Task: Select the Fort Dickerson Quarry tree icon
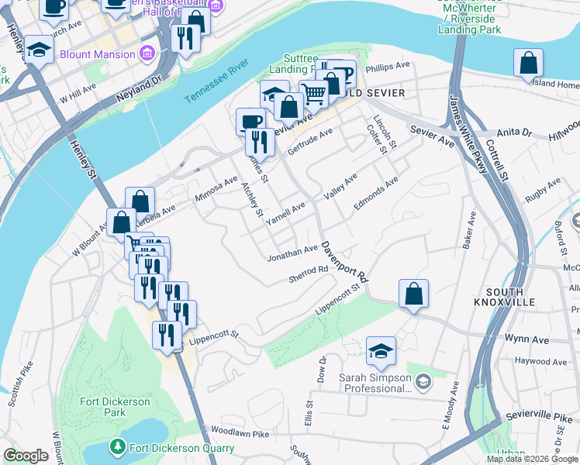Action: [117, 446]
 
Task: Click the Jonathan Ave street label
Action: [292, 252]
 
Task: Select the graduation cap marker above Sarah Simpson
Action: [381, 350]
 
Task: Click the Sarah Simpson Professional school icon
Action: [424, 381]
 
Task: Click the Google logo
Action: [26, 456]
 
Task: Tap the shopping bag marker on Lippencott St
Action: [414, 294]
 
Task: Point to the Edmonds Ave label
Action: [375, 193]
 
